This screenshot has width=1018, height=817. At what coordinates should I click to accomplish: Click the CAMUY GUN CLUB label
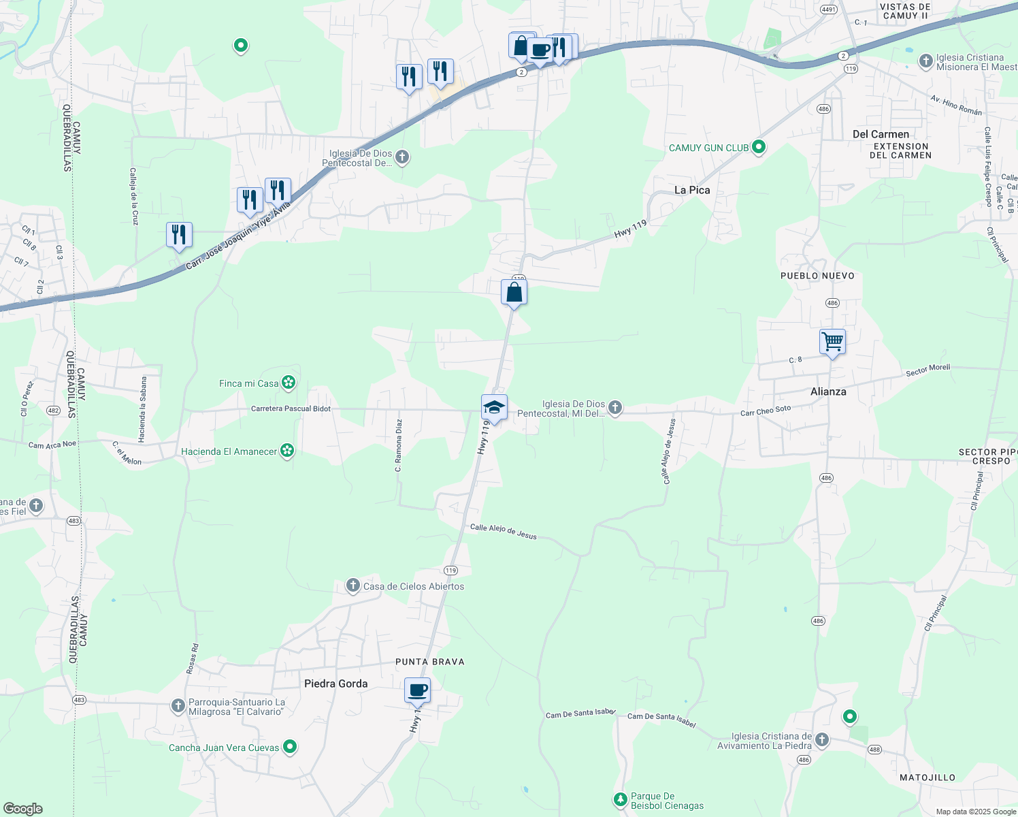coord(708,148)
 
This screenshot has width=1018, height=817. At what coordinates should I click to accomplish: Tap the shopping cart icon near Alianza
coord(832,342)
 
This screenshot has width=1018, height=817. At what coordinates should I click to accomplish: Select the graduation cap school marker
coord(494,408)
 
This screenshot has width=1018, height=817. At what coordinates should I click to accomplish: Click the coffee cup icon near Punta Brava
coord(417,690)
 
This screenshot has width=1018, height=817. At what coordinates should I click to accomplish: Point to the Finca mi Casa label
coord(249,383)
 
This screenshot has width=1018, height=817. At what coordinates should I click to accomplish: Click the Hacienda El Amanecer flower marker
coord(287,451)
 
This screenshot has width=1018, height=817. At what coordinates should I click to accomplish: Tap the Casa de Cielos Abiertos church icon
coord(352,586)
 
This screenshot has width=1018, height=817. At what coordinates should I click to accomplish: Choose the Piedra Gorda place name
coord(335,684)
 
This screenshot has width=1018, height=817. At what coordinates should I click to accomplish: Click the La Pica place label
coord(692,190)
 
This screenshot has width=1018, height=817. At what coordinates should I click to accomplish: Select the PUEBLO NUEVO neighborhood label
coord(817,276)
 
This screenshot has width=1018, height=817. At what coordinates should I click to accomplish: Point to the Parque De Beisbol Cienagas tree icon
coord(620,799)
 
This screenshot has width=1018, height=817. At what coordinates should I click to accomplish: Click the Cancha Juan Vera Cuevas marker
coord(290,747)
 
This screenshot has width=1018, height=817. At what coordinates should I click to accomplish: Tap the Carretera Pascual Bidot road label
coord(291,408)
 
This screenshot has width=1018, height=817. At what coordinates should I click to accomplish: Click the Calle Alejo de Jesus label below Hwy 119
coord(503,532)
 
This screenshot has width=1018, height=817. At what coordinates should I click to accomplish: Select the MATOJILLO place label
coord(927,778)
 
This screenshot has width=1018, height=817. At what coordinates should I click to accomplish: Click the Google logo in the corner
coord(22,809)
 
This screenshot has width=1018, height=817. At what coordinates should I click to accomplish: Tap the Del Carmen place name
coord(881,134)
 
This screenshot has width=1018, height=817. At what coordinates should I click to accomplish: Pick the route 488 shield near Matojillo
coord(874,750)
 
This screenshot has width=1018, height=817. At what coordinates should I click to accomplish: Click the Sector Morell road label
coord(927,370)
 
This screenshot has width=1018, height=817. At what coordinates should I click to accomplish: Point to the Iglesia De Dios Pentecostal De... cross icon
coord(402,158)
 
